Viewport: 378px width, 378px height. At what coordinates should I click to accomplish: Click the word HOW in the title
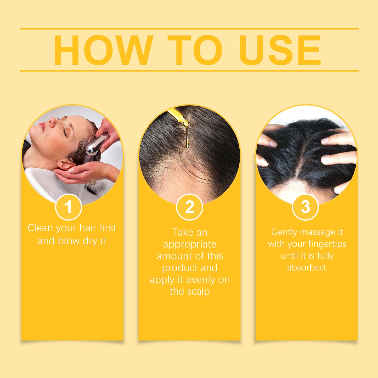[x=103, y=50]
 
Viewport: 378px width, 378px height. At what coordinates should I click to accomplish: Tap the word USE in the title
[x=280, y=50]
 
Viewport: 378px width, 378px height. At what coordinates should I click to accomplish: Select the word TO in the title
[x=195, y=50]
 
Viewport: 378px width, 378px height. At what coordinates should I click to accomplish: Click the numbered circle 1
[x=69, y=207]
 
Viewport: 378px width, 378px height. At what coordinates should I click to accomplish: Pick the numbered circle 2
[x=190, y=207]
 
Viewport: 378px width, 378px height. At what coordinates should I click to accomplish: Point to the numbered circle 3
[x=305, y=207]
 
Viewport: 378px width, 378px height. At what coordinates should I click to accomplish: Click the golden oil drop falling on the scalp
[x=187, y=143]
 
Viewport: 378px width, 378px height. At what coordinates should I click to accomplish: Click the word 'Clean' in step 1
[x=40, y=228]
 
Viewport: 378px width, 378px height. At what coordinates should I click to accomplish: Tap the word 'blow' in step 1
[x=69, y=241]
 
